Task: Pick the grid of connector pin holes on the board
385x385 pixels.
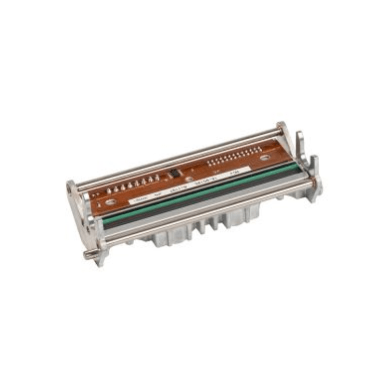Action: [x=228, y=156]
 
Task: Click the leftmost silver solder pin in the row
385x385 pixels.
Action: [x=110, y=191]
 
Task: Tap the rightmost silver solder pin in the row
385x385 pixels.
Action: [x=157, y=178]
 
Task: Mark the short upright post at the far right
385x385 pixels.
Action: [x=315, y=164]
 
